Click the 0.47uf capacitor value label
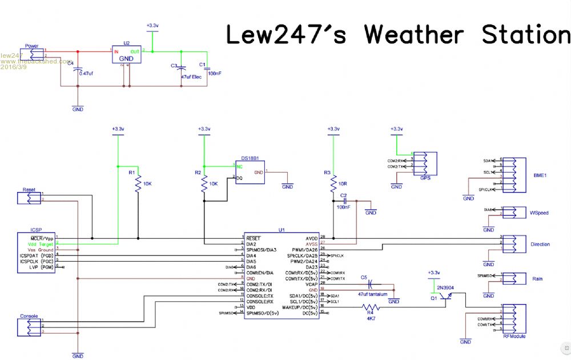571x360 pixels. pos(87,73)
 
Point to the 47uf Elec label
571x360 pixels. pos(191,76)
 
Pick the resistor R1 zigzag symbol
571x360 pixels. pos(138,184)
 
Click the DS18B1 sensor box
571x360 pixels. pos(250,172)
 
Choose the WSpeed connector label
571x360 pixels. pos(538,213)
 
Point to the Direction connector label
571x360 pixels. pos(540,245)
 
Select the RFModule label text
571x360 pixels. pos(514,337)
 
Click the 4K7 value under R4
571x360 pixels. pos(370,319)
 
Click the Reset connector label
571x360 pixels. pos(29,189)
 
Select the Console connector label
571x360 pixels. pos(29,316)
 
